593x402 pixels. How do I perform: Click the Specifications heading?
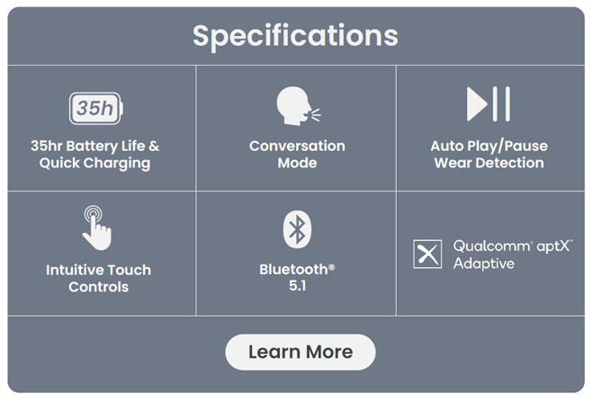click(295, 36)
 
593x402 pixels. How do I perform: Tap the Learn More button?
click(301, 352)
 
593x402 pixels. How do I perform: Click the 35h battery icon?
click(96, 109)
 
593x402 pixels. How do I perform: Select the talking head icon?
click(298, 106)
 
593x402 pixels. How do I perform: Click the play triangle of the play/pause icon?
click(477, 104)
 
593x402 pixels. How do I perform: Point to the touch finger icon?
click(97, 228)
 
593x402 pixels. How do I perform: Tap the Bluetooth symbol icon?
click(297, 229)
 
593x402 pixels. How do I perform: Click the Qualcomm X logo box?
click(427, 254)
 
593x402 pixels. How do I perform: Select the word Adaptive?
click(484, 264)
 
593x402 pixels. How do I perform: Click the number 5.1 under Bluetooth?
click(297, 286)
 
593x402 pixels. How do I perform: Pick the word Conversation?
click(297, 146)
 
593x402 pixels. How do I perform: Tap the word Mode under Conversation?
click(297, 163)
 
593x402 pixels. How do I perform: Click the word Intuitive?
click(70, 270)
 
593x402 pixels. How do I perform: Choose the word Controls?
click(98, 287)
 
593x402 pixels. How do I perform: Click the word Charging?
click(116, 164)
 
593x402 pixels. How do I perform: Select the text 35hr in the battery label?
click(47, 146)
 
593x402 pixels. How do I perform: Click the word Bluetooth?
click(293, 270)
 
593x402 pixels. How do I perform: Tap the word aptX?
click(553, 246)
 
